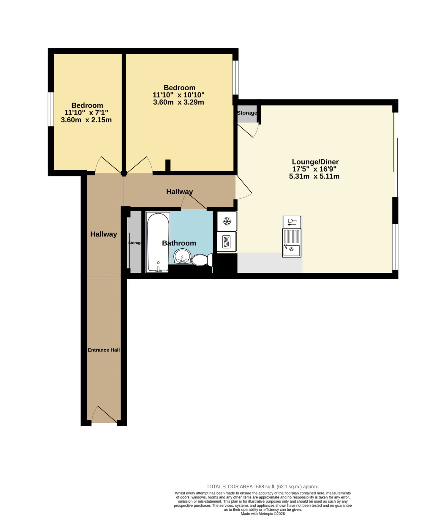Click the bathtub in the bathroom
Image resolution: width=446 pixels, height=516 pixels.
(x=158, y=243)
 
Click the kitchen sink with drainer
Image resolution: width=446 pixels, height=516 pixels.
(x=292, y=243)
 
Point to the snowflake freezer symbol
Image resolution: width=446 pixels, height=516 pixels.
(x=227, y=221)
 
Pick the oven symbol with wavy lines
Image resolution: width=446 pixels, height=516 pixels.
(x=227, y=241)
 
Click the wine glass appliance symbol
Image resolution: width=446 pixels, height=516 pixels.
(x=292, y=222)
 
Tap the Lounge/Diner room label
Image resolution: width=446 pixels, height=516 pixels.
(x=315, y=162)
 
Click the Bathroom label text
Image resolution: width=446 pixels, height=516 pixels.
(x=179, y=243)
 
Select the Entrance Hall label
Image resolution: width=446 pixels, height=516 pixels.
(x=104, y=350)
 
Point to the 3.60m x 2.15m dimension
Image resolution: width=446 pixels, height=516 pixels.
(x=86, y=120)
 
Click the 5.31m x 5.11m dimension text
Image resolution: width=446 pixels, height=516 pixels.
(x=314, y=176)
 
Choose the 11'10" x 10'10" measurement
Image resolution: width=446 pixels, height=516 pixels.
(x=179, y=95)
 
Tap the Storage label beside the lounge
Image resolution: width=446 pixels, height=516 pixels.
(x=247, y=113)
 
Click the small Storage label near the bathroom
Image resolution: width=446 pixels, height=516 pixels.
(x=135, y=243)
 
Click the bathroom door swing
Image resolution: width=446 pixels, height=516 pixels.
(x=193, y=202)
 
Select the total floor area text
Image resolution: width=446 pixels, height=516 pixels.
(x=263, y=487)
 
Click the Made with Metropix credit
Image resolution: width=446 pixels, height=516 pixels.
(x=263, y=514)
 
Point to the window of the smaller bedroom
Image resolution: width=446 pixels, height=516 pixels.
(x=51, y=109)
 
